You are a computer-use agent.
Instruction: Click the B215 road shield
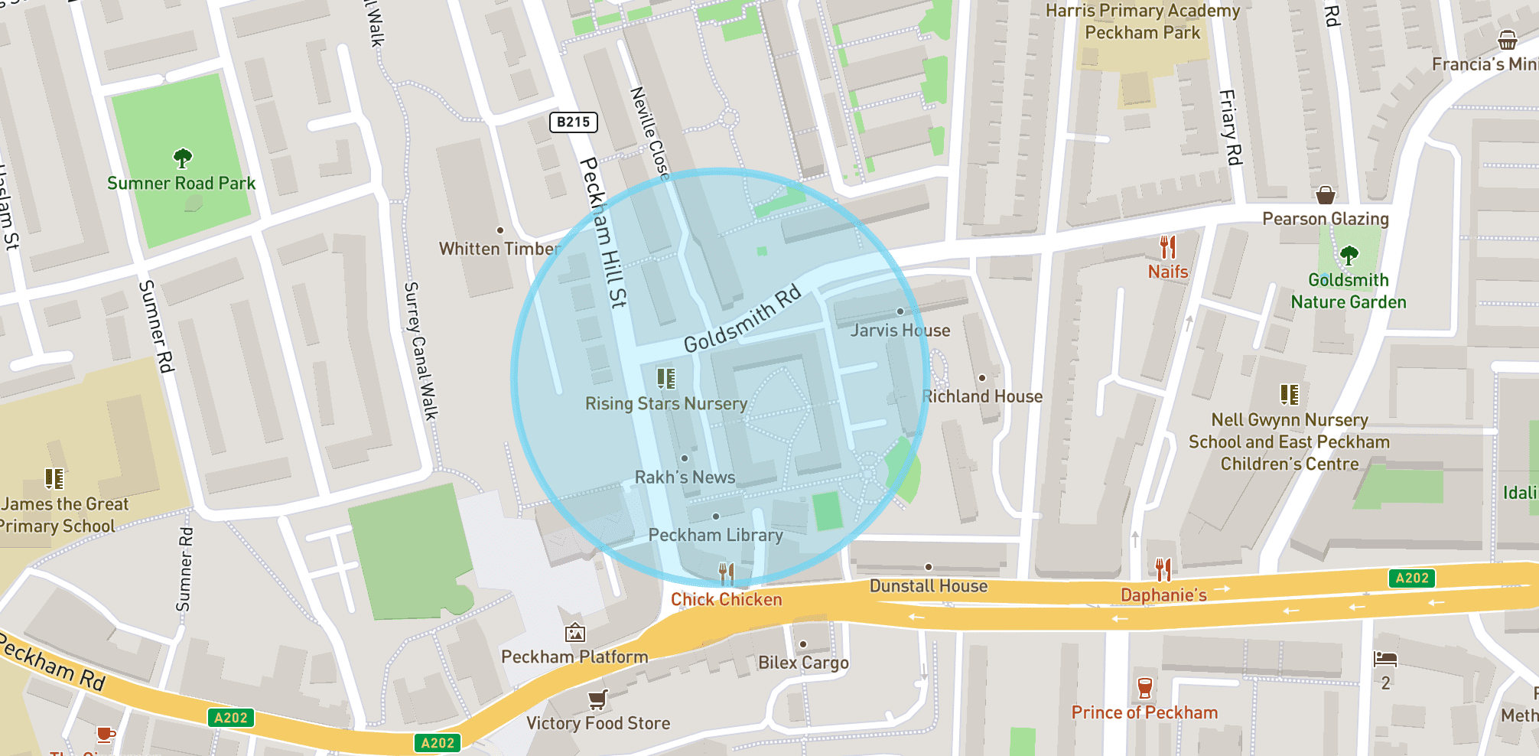pos(574,122)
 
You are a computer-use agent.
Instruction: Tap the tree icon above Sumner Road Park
pos(182,158)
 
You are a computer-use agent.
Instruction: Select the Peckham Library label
pos(715,535)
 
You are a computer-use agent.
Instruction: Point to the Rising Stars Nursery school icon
pos(666,378)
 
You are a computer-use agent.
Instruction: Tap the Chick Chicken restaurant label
pos(726,599)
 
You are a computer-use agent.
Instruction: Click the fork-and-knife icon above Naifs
pos(1167,247)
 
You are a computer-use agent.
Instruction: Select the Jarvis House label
pos(900,331)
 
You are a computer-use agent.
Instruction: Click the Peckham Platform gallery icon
pos(575,633)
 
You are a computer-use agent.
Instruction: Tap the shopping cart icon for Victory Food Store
pos(597,699)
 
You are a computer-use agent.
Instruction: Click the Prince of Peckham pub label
pos(1144,712)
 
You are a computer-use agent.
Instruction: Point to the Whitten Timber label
pos(499,249)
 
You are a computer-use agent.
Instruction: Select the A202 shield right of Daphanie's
pos(1411,578)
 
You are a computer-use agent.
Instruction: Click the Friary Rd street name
pos(1229,128)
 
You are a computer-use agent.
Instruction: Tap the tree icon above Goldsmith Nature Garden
pos(1349,255)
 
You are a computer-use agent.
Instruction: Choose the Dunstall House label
pos(928,586)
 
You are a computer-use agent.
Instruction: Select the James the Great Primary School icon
pos(54,479)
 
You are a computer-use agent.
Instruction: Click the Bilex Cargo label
pos(803,663)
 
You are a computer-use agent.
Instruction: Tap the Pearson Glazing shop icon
pos(1326,195)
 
